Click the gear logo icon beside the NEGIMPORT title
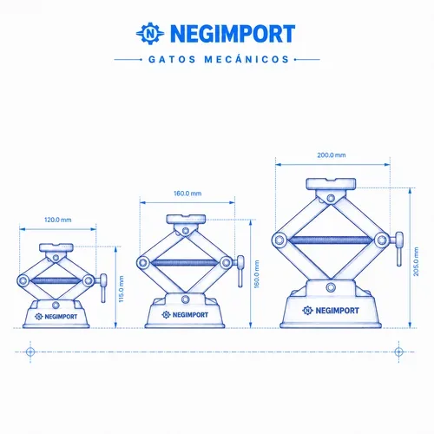[150, 33]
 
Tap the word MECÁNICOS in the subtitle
[247, 59]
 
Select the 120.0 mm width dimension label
[58, 220]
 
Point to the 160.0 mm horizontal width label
[187, 194]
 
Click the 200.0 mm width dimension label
[332, 155]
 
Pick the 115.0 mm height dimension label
[122, 289]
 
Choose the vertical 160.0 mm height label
[256, 274]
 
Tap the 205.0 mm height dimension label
[416, 261]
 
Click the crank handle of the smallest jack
[103, 287]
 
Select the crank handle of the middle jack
[240, 271]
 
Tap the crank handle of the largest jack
[398, 248]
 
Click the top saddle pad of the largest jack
[331, 184]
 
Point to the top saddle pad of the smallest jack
[56, 247]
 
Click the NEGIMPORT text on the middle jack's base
[185, 314]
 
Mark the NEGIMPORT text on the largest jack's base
[331, 311]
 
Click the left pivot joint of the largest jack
[279, 240]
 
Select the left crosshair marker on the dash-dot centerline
[30, 352]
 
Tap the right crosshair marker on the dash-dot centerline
[398, 352]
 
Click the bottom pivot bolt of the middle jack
[186, 299]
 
